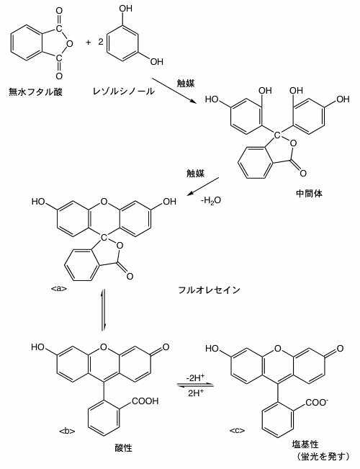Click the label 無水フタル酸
35,91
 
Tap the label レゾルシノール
124,91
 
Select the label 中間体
309,193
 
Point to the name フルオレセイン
209,290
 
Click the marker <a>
59,289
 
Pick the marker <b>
67,431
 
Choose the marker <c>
238,430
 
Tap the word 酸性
123,447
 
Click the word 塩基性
305,445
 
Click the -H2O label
211,200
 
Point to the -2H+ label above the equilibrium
195,378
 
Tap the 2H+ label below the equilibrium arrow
196,393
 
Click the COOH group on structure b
145,401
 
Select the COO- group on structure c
318,403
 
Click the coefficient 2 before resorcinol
101,42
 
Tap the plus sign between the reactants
88,43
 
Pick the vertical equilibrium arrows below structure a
104,310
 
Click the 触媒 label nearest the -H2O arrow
196,173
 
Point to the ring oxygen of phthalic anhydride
70,44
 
